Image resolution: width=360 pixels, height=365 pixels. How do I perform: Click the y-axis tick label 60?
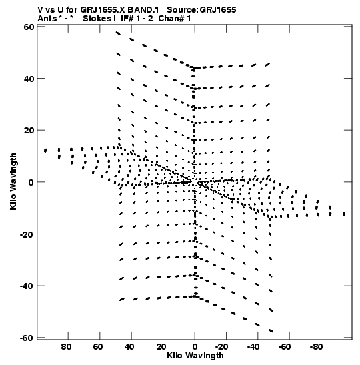(29, 27)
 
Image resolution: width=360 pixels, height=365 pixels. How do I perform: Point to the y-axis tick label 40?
(29, 79)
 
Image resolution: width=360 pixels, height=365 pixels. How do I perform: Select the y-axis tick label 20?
(29, 131)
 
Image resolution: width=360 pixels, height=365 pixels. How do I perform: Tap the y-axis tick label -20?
(27, 234)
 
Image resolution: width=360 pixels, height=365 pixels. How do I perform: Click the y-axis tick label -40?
(27, 286)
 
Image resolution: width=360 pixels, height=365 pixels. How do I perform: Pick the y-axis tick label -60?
(27, 338)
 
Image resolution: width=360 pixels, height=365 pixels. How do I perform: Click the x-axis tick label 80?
(66, 347)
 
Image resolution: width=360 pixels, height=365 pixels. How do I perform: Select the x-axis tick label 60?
(98, 347)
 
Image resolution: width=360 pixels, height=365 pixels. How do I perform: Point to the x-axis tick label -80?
(317, 347)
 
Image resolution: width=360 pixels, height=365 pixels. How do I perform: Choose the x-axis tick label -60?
(285, 347)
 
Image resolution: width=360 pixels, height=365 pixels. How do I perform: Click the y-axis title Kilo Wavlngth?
(13, 181)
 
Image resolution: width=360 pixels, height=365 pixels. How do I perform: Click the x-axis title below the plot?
(195, 356)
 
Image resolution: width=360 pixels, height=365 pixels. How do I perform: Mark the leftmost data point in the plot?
(45, 150)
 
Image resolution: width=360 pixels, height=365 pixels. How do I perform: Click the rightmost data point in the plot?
(344, 214)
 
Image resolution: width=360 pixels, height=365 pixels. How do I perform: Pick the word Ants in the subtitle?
(47, 19)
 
